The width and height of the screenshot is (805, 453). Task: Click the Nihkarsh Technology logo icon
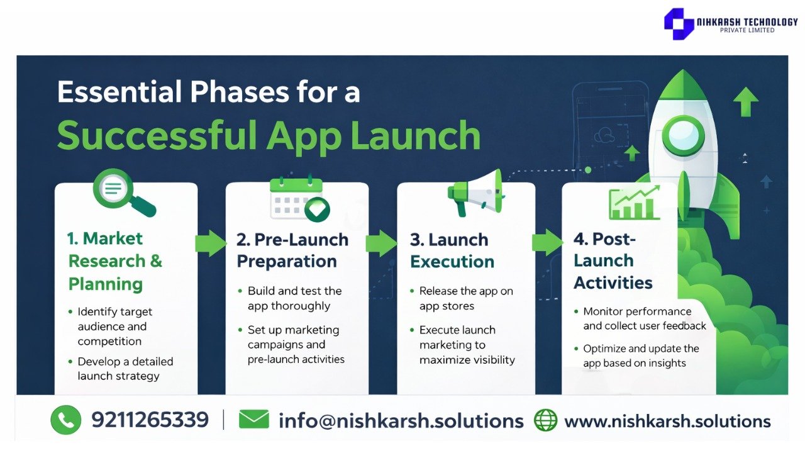pos(679,24)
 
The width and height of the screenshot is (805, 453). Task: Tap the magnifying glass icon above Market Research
pos(124,193)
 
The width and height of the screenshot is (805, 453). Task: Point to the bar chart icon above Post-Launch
pos(635,203)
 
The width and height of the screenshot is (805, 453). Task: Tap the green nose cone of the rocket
pos(683,84)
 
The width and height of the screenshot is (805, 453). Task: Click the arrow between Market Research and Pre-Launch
pos(211,243)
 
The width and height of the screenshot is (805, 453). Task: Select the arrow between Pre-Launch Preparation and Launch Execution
pos(382,243)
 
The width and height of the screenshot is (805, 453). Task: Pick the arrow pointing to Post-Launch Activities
pos(548,243)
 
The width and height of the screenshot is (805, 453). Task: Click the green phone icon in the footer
pos(66,420)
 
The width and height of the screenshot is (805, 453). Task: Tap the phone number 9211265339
pos(150,420)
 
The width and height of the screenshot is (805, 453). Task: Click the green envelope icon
pos(253,419)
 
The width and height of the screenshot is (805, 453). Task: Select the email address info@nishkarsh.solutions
pos(401,421)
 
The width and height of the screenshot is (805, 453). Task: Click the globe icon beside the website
pos(545,420)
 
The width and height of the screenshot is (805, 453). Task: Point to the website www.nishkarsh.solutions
pos(668,421)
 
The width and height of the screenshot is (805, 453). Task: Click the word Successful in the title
pos(157,135)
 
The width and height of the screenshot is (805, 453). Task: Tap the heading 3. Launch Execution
pos(452,250)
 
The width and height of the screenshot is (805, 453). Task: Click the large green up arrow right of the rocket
pos(746,102)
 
